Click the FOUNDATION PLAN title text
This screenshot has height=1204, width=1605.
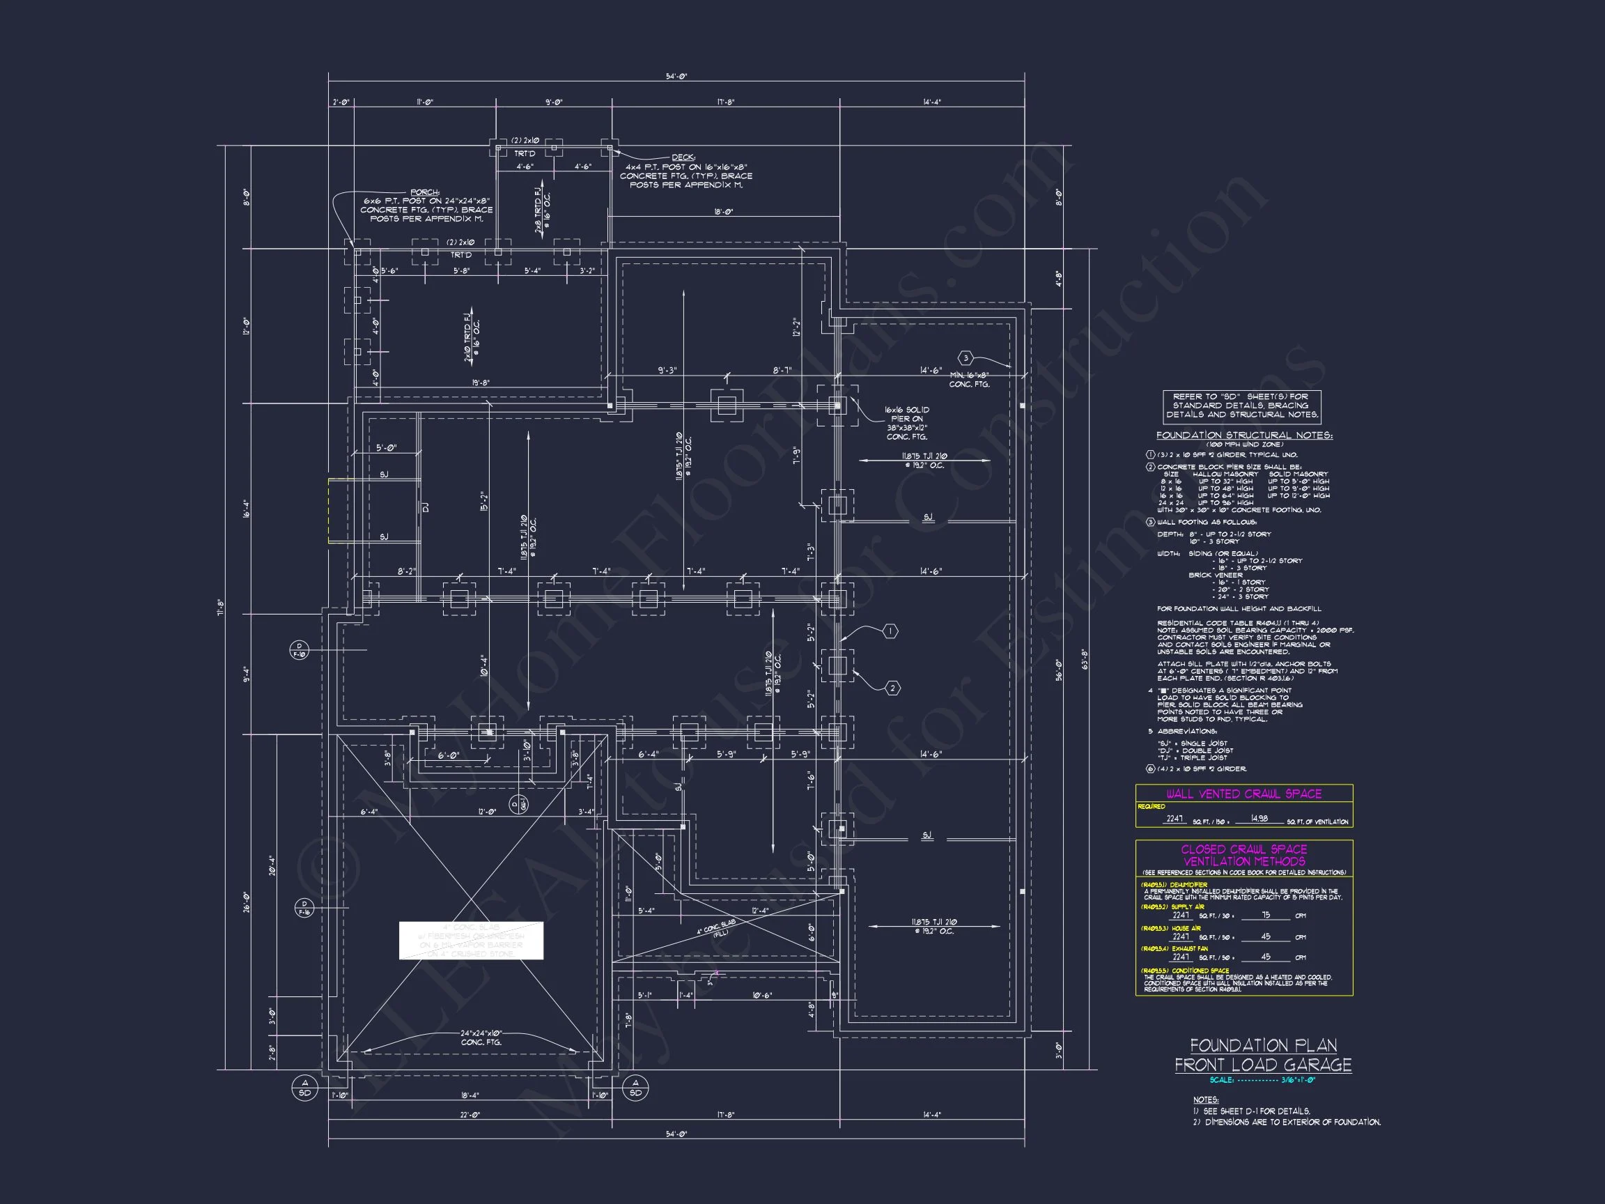(x=1263, y=1045)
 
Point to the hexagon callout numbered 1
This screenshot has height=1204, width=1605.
(x=890, y=632)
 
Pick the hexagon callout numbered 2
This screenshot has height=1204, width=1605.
(x=893, y=688)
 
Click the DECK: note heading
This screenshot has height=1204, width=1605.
(x=683, y=157)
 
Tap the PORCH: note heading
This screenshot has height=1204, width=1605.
(x=425, y=192)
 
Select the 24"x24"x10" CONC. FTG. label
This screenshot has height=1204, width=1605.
(x=481, y=1037)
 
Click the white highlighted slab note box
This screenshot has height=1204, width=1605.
(x=471, y=941)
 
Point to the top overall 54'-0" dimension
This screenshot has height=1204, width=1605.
(x=676, y=76)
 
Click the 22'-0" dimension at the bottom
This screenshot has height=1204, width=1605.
(x=470, y=1114)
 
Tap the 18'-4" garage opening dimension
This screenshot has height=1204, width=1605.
(x=470, y=1095)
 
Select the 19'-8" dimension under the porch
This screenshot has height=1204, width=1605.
(x=481, y=383)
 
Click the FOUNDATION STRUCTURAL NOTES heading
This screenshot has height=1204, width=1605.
(x=1243, y=435)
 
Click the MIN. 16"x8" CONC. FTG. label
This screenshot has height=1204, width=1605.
(x=970, y=380)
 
